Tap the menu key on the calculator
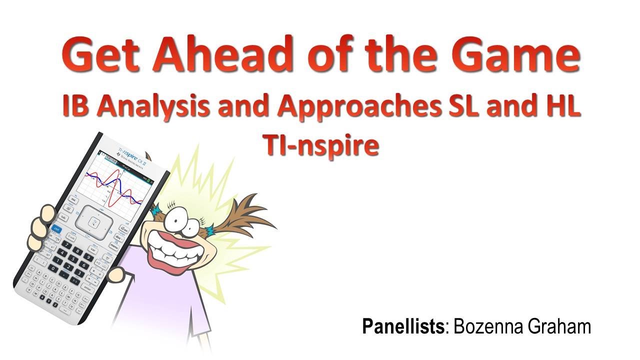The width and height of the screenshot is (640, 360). (x=113, y=245)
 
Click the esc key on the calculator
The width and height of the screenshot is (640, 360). (x=73, y=200)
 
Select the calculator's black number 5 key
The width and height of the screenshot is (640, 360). (x=71, y=259)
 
